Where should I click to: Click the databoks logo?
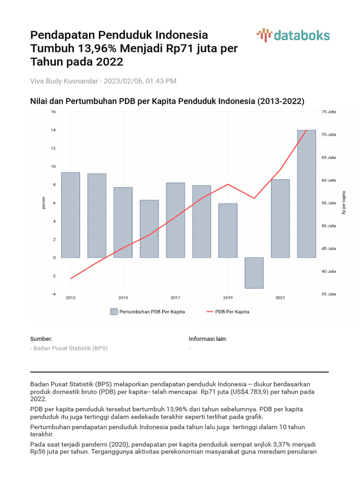pos(293,35)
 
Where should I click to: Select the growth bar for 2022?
pos(307,194)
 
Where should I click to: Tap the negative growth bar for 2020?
pos(254,273)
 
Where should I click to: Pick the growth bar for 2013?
pos(70,215)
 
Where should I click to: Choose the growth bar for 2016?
pos(150,229)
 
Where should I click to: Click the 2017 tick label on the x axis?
pos(175,298)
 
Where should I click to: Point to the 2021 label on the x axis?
pos(280,298)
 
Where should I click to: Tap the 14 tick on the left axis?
pos(53,130)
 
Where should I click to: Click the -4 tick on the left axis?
pos(53,294)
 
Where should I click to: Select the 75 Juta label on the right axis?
pos(329,112)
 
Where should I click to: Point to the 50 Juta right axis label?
pos(329,226)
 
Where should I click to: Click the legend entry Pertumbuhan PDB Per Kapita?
pos(148,312)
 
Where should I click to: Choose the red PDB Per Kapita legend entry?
pos(228,312)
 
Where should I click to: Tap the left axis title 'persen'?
pos(44,202)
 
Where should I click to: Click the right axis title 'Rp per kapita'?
pos(344,202)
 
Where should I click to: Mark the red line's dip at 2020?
pos(254,198)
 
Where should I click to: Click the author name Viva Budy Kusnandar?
pos(64,81)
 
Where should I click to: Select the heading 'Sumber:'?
pos(41,339)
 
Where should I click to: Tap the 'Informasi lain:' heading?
pos(208,339)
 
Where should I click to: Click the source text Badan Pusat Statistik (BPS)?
pos(70,348)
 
